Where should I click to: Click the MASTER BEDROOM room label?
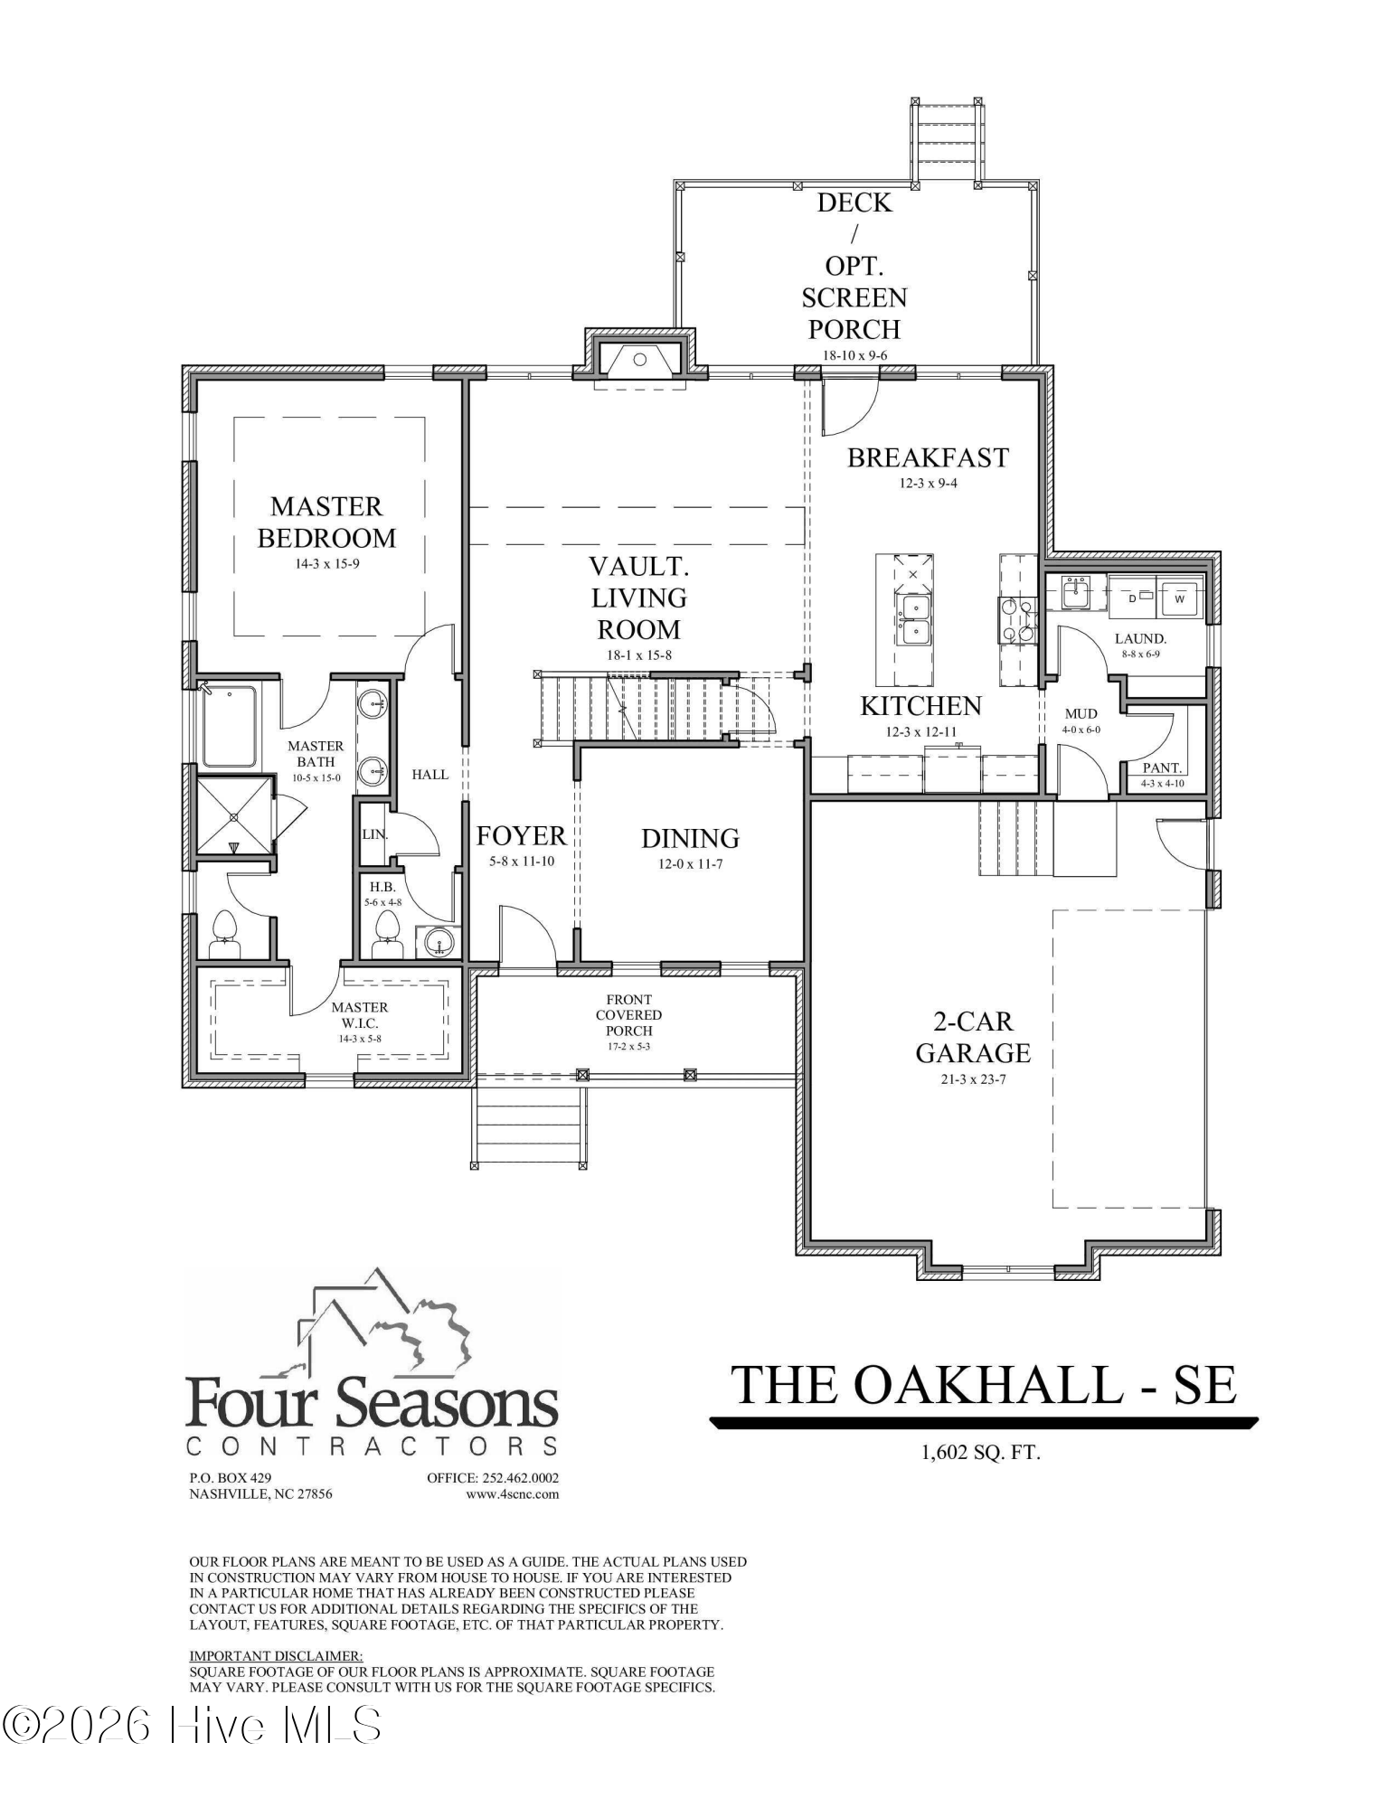326,522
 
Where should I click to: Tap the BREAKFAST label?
928,457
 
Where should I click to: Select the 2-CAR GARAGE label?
973,1037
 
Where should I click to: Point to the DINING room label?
690,838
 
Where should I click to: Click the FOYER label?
521,835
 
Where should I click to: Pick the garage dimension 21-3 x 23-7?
973,1079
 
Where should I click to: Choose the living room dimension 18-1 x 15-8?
638,655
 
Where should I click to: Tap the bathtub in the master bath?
229,727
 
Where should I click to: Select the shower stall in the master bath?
234,815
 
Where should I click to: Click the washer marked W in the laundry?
1179,598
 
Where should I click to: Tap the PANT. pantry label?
1162,767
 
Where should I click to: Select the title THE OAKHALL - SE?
983,1384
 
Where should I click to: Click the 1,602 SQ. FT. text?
981,1453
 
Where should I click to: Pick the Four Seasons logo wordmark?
372,1405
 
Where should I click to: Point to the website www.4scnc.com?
512,1494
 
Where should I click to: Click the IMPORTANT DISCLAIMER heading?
276,1656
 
